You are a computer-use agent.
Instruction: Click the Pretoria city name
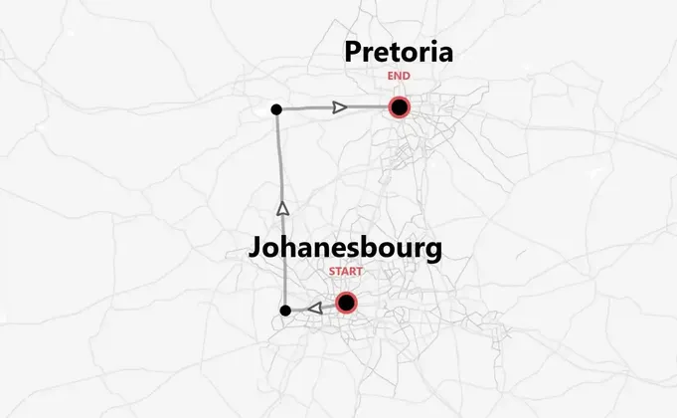coord(398,53)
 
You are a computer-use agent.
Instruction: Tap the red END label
coord(399,75)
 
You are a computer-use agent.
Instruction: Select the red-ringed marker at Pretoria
coord(400,107)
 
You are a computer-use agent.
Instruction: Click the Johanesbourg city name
coord(345,248)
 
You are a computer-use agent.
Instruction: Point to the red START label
coord(346,271)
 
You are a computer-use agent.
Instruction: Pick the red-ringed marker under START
coord(346,303)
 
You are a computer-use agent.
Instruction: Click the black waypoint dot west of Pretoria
coord(276,108)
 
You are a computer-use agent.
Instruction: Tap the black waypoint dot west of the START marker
coord(285,312)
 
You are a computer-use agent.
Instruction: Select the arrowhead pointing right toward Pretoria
coord(340,106)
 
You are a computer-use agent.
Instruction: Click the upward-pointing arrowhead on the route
coord(282,208)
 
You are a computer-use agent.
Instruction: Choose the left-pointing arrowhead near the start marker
coord(314,309)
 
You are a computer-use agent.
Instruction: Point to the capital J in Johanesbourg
coord(257,248)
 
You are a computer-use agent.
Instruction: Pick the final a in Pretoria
coord(444,55)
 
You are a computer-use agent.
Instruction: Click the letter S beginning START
coord(332,271)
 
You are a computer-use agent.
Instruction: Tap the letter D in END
coord(407,75)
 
